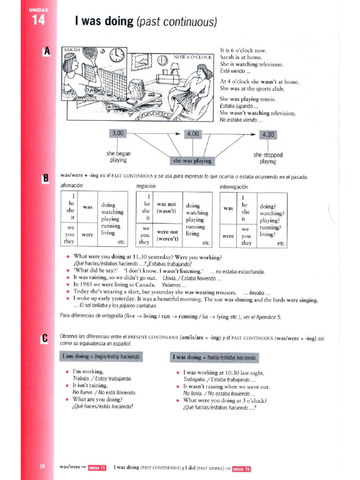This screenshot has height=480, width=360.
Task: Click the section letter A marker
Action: click(x=46, y=52)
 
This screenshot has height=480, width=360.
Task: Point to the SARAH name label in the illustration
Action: click(x=72, y=49)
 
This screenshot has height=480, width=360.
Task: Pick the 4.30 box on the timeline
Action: click(x=268, y=135)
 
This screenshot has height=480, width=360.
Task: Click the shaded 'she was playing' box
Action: click(x=192, y=161)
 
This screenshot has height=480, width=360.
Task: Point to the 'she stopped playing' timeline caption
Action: click(x=268, y=158)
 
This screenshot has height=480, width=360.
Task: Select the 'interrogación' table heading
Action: click(x=234, y=187)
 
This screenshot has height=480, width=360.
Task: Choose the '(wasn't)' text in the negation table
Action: click(x=166, y=211)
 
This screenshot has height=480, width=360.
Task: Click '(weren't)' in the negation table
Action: click(x=166, y=238)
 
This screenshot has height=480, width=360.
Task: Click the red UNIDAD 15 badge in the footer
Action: click(x=241, y=468)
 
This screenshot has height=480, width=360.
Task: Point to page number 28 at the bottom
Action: click(x=42, y=466)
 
